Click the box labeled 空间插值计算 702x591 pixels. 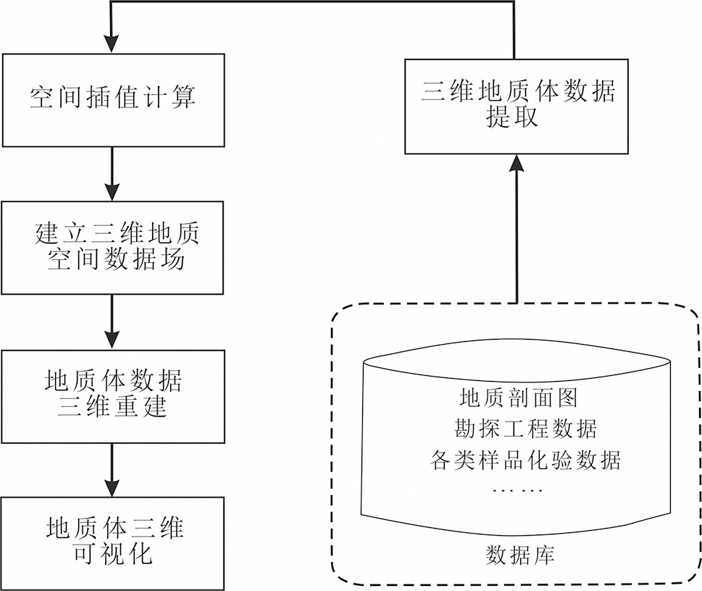click(112, 98)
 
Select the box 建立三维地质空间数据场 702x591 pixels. click(112, 248)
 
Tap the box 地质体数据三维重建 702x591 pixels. click(112, 394)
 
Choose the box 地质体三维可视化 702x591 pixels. click(112, 542)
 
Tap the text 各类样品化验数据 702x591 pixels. click(525, 460)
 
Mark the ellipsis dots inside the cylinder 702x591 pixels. click(517, 490)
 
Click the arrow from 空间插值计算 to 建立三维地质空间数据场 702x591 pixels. click(112, 173)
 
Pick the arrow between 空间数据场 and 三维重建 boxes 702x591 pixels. click(112, 321)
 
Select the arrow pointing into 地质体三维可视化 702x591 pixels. click(112, 469)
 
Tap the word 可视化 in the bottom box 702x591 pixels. click(113, 555)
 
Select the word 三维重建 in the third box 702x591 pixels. click(113, 407)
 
